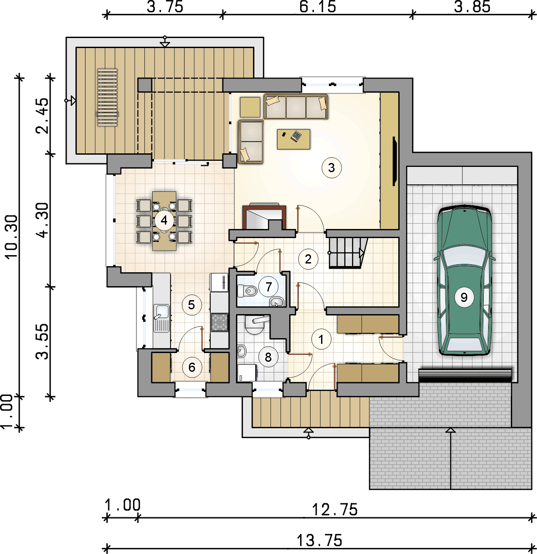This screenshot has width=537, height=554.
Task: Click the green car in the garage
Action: click(464, 280)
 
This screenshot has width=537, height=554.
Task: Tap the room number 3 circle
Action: click(332, 168)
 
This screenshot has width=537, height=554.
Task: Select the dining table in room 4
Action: click(164, 221)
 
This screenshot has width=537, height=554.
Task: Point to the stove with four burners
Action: click(219, 322)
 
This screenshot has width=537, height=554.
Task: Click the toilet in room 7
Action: click(247, 291)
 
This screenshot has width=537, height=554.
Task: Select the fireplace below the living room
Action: click(264, 217)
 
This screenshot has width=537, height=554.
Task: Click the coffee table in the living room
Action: click(294, 139)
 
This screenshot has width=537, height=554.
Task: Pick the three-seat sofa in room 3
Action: click(296, 107)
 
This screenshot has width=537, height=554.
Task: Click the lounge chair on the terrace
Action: click(107, 97)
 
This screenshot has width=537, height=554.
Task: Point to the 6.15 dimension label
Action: click(318, 7)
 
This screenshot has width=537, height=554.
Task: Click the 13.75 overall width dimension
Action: click(319, 540)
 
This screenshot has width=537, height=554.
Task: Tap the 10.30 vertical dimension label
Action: click(11, 237)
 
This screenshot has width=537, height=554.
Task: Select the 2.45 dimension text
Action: click(42, 116)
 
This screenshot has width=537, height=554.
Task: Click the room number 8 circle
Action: click(268, 357)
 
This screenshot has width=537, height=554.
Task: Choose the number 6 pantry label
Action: click(192, 367)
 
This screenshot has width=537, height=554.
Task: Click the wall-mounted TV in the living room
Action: click(395, 161)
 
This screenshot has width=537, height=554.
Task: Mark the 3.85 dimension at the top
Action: click(472, 7)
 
